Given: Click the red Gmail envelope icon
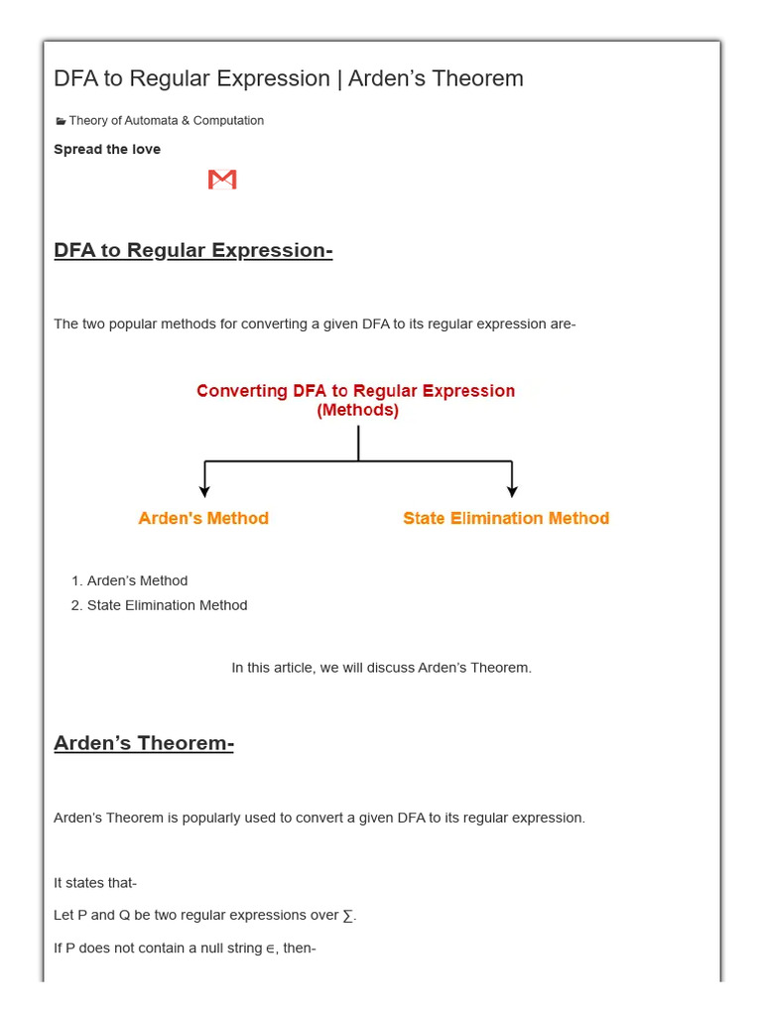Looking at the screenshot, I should pos(222,180).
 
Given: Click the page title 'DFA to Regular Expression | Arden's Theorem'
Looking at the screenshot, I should pos(289,78).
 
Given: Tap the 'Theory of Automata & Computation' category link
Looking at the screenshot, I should pos(166,121).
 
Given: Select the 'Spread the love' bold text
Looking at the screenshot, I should pos(107,150).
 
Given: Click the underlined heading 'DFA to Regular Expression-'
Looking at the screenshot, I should pos(193,250).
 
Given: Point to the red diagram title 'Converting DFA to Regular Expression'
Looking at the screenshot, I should pos(355,391).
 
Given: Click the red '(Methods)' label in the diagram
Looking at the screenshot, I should pos(357,411).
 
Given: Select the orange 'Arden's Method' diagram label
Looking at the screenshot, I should pos(203,518).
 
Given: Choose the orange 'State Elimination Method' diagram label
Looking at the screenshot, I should pos(506,518).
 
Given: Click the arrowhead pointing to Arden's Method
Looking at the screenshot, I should pos(204,490).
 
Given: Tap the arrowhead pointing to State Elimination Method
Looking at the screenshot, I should pos(512,490).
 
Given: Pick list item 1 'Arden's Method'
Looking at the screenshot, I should pos(137,581).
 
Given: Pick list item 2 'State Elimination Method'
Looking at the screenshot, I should pos(167,605).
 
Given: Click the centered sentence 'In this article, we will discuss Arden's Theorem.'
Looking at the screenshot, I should pos(381,668).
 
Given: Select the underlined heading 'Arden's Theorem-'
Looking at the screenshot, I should pos(144,743).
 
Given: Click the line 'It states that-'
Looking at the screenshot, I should pos(95,883).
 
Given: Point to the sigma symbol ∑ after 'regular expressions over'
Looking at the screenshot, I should pos(347,916).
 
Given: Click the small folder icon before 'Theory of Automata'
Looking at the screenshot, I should pos(61,121).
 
